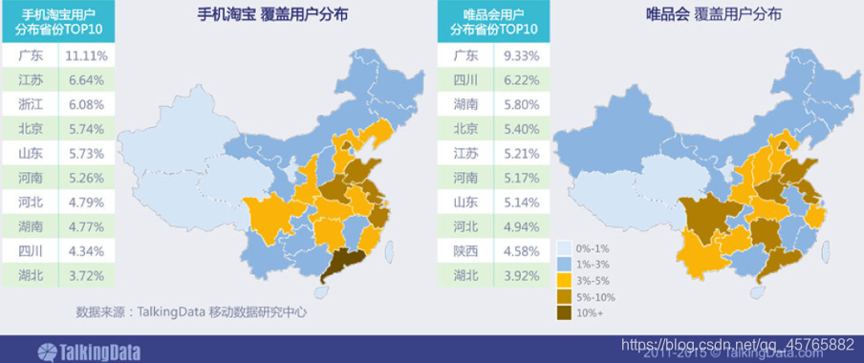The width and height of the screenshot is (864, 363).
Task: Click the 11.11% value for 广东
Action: pyautogui.click(x=86, y=56)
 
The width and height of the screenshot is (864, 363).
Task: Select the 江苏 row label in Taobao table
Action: pyautogui.click(x=31, y=80)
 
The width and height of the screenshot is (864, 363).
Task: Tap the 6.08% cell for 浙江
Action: pyautogui.click(x=86, y=104)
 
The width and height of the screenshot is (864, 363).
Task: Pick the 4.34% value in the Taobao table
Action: pyautogui.click(x=86, y=251)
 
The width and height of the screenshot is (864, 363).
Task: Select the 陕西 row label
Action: pyautogui.click(x=465, y=251)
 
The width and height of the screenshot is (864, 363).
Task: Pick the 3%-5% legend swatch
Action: pyautogui.click(x=565, y=281)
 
